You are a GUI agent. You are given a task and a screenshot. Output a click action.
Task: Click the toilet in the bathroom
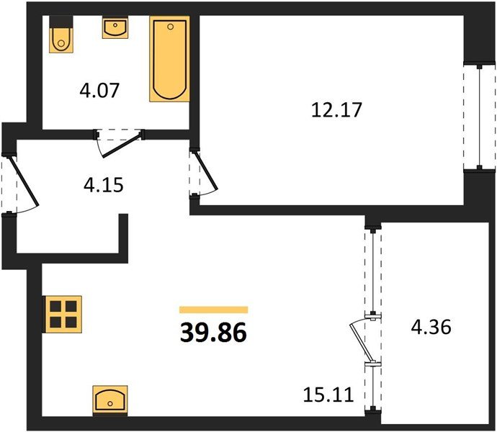click(61, 35)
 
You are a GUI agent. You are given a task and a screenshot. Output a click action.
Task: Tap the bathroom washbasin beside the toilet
click(115, 28)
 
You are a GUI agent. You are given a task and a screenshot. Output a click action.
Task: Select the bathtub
click(169, 59)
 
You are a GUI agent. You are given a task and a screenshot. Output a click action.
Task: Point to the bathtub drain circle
click(171, 27)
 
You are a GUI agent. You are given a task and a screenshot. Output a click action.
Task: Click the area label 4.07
click(99, 90)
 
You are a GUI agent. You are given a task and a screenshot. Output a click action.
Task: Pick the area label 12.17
click(336, 109)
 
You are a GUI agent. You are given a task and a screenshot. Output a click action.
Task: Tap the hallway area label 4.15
click(103, 185)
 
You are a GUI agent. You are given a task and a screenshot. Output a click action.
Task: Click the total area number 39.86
click(213, 333)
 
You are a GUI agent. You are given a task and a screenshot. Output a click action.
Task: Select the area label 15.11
click(328, 395)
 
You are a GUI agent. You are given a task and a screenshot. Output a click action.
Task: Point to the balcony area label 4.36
click(431, 327)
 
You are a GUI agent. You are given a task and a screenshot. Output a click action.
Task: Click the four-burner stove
click(63, 314)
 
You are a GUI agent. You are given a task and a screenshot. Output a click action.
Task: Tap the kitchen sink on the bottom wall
click(110, 401)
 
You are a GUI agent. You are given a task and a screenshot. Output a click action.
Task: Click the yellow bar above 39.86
click(214, 310)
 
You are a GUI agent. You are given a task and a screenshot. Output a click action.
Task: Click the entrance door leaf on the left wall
click(24, 181)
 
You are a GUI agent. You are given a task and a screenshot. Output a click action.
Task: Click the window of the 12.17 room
click(480, 117)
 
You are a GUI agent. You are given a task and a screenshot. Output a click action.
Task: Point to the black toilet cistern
click(61, 21)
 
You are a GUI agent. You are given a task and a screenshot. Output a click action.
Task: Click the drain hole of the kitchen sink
click(110, 403)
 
